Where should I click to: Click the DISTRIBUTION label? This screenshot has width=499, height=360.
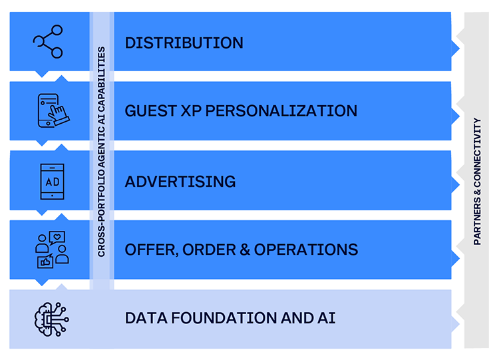tap(184, 43)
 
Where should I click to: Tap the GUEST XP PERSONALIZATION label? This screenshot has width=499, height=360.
tap(241, 110)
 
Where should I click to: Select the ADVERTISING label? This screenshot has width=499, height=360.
tap(180, 182)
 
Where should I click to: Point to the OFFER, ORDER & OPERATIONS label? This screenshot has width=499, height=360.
tap(242, 250)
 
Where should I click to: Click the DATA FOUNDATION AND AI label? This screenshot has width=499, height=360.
tap(230, 318)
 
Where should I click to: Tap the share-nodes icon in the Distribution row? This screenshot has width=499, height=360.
tap(48, 41)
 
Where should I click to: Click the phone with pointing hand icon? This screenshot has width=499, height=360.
tap(53, 110)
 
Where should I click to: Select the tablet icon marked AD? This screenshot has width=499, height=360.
tap(52, 182)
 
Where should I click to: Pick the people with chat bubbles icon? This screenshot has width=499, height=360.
tap(51, 250)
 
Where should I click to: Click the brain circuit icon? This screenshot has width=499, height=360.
tap(51, 319)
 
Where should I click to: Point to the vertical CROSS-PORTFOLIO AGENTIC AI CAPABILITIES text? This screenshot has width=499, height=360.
tap(101, 152)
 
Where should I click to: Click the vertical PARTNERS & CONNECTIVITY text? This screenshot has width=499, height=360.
tap(477, 182)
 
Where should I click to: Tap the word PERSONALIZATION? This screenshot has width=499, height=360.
tap(281, 110)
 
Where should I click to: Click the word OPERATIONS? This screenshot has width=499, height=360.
tap(306, 250)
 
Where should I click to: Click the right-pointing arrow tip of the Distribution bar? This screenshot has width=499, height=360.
tap(459, 49)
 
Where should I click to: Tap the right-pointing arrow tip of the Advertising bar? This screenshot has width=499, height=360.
tap(459, 184)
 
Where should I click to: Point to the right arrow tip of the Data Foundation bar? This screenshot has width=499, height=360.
tap(459, 324)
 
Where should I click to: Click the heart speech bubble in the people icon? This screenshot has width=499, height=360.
tap(57, 238)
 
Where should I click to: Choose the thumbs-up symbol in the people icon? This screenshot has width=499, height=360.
tap(45, 262)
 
